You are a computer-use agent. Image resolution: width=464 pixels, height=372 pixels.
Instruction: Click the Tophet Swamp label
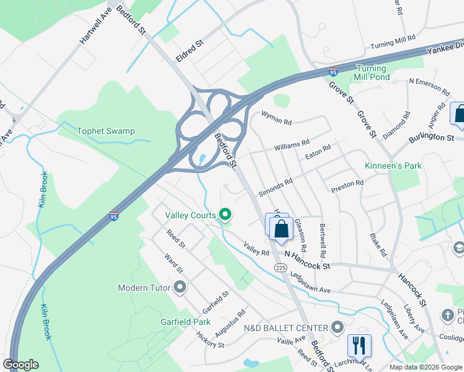pyautogui.click(x=105, y=131)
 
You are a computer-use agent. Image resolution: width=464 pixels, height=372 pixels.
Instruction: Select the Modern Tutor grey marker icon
pyautogui.click(x=181, y=287)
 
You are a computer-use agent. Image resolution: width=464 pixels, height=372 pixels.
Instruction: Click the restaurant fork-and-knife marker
pyautogui.click(x=359, y=345)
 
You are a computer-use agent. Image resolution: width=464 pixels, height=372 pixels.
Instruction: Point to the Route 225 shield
pyautogui.click(x=280, y=267)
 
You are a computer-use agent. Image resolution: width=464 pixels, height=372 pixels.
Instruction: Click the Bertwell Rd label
pyautogui.click(x=323, y=241)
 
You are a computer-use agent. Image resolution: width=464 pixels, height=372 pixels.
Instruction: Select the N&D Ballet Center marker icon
pyautogui.click(x=337, y=327)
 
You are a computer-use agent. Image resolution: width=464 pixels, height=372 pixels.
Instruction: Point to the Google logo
pyautogui.click(x=20, y=365)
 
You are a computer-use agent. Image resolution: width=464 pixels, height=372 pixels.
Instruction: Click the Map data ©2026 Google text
pyautogui.click(x=425, y=367)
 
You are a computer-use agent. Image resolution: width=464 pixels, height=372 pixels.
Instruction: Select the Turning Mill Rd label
pyautogui.click(x=393, y=43)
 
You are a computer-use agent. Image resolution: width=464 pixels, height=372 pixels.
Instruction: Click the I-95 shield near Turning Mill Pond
pyautogui.click(x=333, y=73)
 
